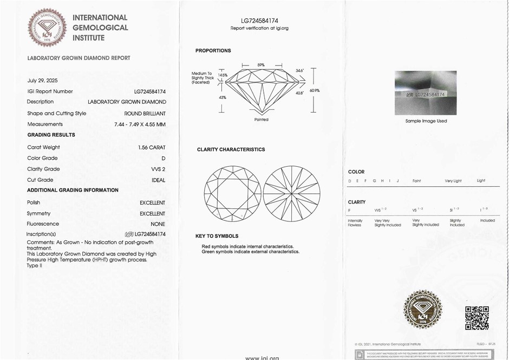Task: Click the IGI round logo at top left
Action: click(x=47, y=27)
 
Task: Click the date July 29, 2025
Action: click(x=42, y=81)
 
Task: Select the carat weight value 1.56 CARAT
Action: click(x=152, y=147)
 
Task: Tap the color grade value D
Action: click(x=164, y=158)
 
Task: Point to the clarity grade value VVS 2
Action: click(x=158, y=169)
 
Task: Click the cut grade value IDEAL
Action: click(x=158, y=180)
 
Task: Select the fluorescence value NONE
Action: click(x=158, y=224)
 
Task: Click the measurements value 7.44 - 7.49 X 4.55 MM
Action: click(x=140, y=125)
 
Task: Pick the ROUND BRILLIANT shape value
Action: click(x=145, y=114)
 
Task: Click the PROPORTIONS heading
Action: click(x=213, y=51)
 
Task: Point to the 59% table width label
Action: click(x=261, y=65)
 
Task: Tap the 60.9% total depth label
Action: click(x=315, y=90)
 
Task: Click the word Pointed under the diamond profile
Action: click(x=261, y=120)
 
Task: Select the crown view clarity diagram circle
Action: click(x=232, y=194)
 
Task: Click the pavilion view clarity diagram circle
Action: click(x=291, y=194)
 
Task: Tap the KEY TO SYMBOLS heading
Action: click(x=217, y=236)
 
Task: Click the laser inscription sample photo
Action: click(x=426, y=93)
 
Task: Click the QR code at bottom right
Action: click(x=477, y=318)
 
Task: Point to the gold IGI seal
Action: click(x=423, y=309)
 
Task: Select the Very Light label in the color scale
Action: click(x=453, y=181)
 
